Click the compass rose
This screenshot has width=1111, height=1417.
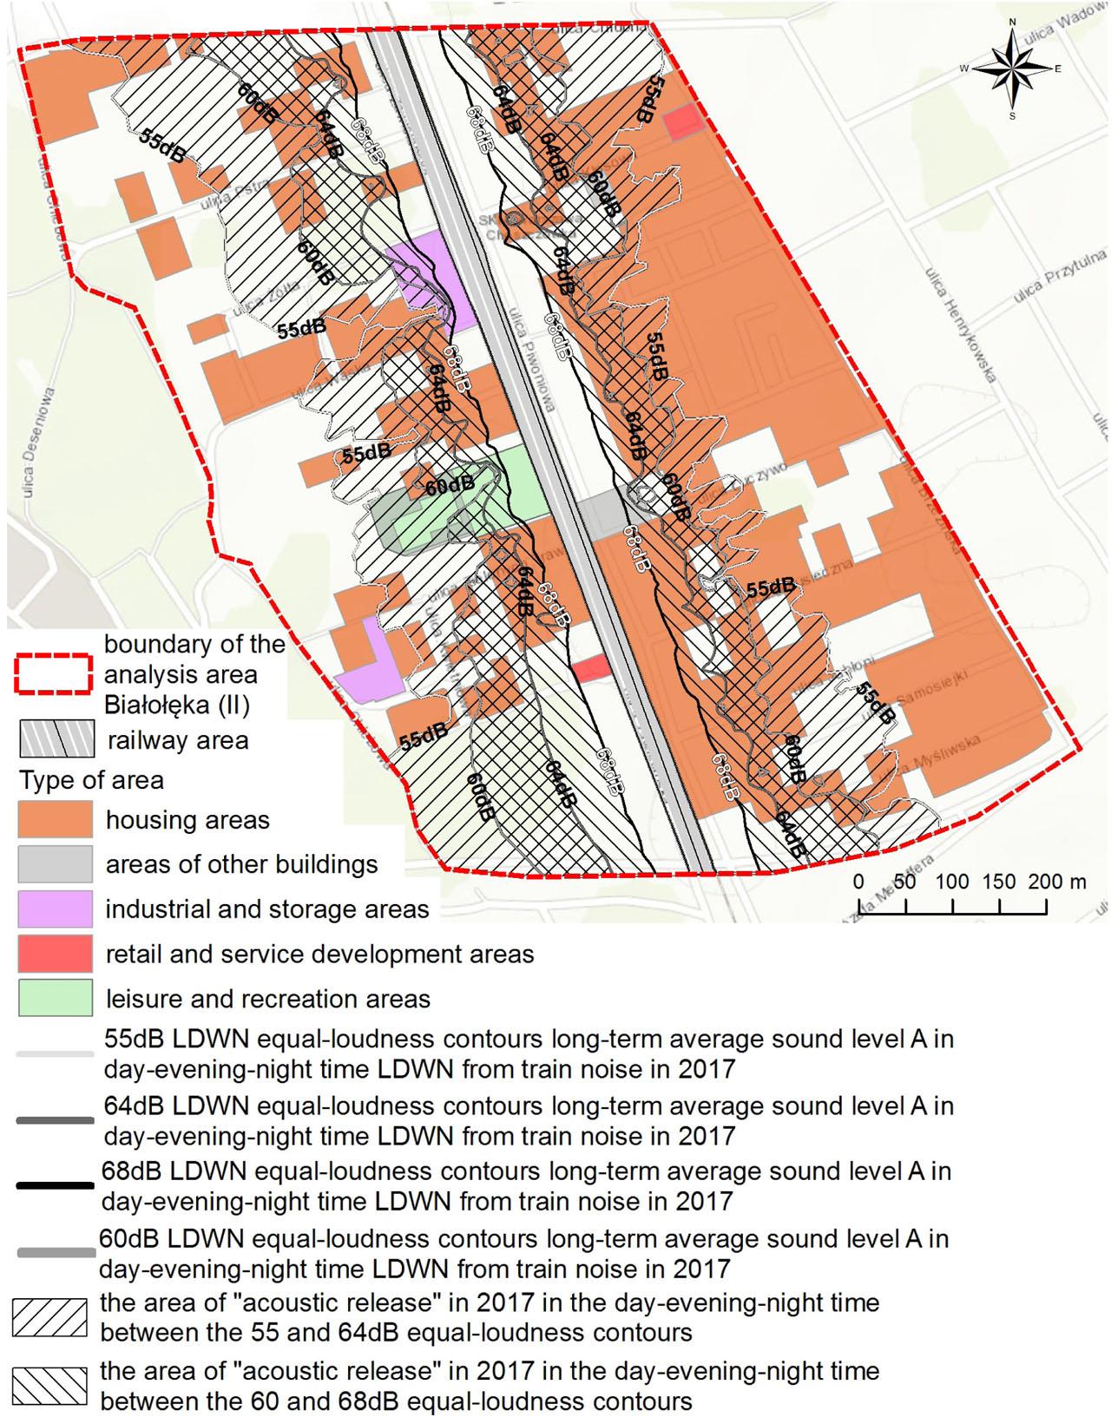1012,68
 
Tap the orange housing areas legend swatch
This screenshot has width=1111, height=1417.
55,820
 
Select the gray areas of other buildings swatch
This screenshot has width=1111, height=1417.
55,864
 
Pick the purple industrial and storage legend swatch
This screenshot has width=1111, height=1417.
55,909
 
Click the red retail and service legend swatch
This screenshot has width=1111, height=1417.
55,954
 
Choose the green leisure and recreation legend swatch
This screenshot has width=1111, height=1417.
55,998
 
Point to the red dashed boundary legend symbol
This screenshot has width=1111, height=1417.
54,673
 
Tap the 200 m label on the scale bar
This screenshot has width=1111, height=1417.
1057,882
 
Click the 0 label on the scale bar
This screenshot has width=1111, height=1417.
858,882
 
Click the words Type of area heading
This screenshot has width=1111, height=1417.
91,780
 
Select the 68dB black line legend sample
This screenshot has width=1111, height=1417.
54,1185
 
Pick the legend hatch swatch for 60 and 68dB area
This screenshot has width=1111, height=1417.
49,1386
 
